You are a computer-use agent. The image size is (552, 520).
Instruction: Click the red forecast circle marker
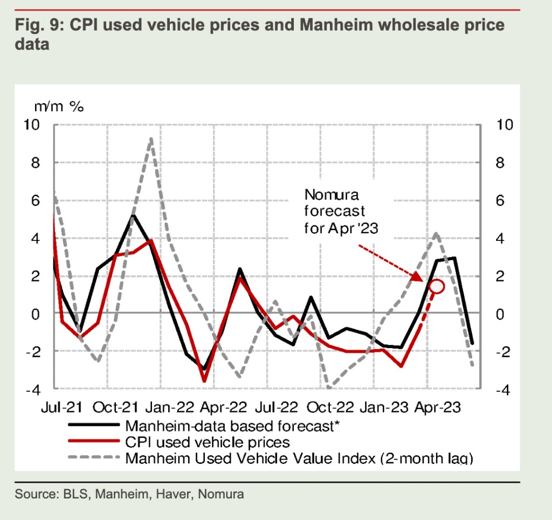[x=436, y=286]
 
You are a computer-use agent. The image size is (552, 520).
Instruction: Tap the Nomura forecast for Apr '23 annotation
[x=341, y=211]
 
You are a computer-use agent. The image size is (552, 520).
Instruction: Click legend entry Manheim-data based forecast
[x=232, y=426]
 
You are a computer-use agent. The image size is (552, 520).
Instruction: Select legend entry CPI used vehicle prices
[x=208, y=442]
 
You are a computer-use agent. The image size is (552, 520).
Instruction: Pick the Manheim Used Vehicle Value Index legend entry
[x=299, y=459]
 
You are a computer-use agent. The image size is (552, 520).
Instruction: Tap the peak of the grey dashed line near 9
[x=151, y=139]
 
